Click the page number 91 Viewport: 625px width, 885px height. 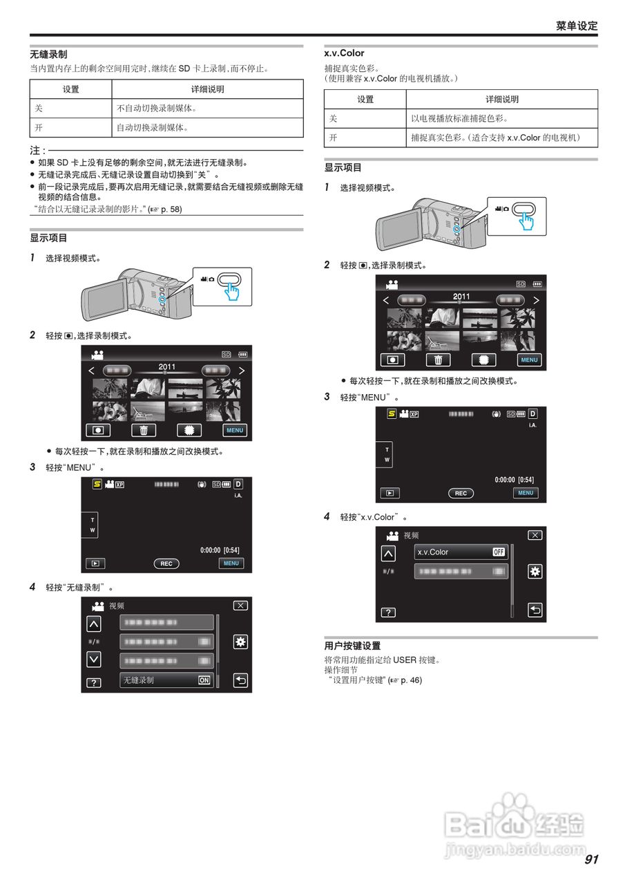click(591, 859)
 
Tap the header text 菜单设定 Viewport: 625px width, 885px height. click(577, 26)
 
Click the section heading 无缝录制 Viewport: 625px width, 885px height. click(48, 54)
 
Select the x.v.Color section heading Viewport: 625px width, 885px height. click(344, 53)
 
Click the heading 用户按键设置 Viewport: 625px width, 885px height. click(352, 646)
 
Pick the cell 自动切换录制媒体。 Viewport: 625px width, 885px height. click(153, 128)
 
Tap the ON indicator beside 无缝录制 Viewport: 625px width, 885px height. click(204, 680)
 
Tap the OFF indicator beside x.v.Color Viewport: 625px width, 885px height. click(499, 552)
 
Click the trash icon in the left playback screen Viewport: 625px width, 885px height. click(144, 430)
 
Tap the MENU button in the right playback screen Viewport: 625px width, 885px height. click(529, 360)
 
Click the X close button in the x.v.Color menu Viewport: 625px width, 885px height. click(535, 535)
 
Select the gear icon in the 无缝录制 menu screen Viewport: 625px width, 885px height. click(240, 642)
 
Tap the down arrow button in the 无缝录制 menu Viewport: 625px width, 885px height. click(94, 659)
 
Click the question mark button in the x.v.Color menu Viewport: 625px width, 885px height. click(389, 612)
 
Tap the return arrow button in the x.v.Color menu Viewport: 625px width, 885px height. click(535, 610)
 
